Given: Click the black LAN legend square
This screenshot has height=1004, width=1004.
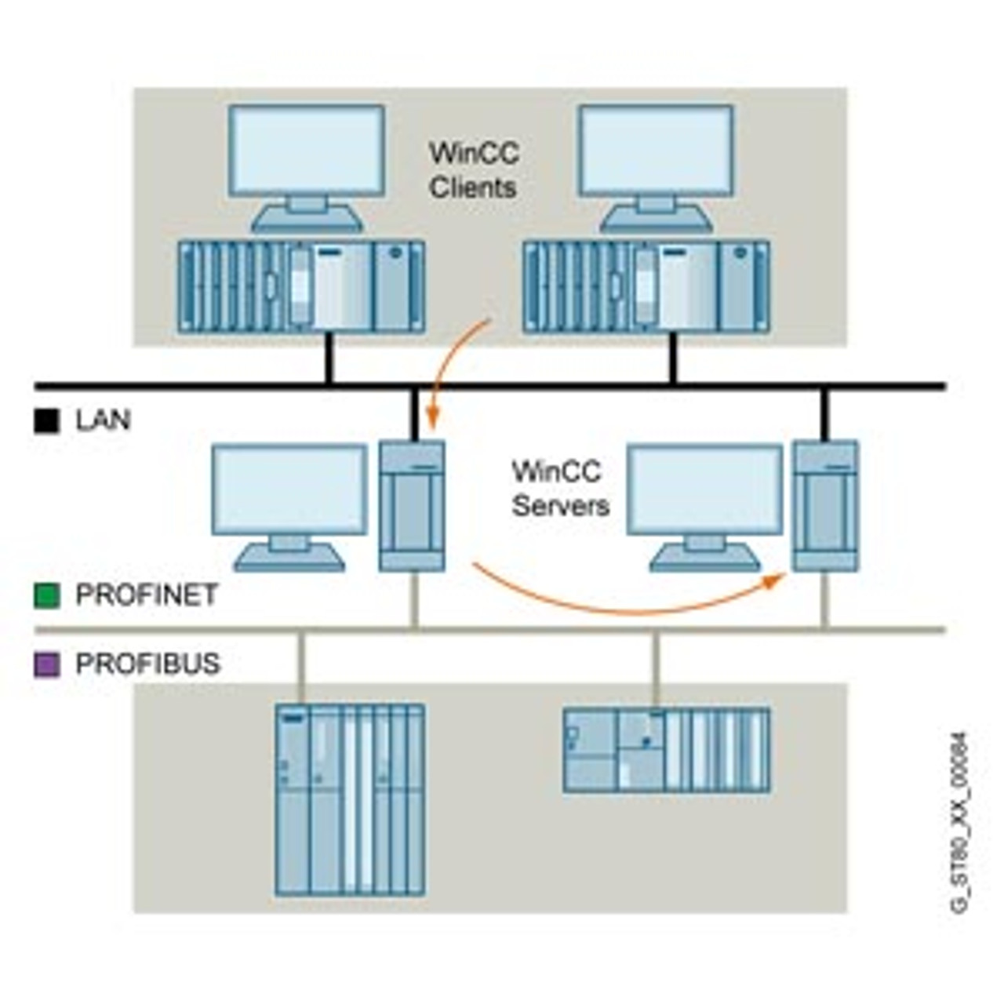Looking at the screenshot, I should click(x=46, y=421).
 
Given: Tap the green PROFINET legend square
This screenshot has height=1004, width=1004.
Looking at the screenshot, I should click(x=46, y=595).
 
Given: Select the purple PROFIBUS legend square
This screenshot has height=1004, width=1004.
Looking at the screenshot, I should click(x=46, y=664).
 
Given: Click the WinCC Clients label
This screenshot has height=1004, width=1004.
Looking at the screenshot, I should click(x=473, y=169).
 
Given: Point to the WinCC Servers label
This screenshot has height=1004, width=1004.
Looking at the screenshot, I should click(x=560, y=488).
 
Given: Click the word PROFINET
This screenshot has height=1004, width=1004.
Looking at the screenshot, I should click(x=147, y=595).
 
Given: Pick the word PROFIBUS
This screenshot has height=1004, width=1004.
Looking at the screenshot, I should click(x=147, y=664).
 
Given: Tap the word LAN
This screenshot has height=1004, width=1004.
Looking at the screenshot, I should click(x=103, y=420).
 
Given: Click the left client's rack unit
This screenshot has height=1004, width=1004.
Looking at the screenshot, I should click(x=302, y=287).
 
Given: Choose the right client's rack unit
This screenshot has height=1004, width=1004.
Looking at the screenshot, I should click(x=646, y=287).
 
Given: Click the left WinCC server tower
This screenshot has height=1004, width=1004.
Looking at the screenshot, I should click(x=412, y=506).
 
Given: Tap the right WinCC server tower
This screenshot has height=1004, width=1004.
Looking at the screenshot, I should click(x=824, y=506).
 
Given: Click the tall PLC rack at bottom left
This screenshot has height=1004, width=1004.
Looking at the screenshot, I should click(x=350, y=800).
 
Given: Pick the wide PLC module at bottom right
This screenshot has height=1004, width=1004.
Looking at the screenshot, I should click(x=667, y=750).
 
